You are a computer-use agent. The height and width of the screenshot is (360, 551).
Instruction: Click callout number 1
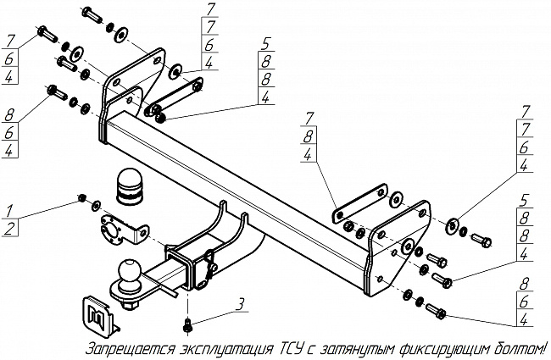[7, 209]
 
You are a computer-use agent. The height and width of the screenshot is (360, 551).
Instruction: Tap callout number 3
[241, 303]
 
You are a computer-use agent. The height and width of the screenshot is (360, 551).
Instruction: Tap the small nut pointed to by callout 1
[80, 198]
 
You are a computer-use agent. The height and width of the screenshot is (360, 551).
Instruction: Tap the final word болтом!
[519, 348]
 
